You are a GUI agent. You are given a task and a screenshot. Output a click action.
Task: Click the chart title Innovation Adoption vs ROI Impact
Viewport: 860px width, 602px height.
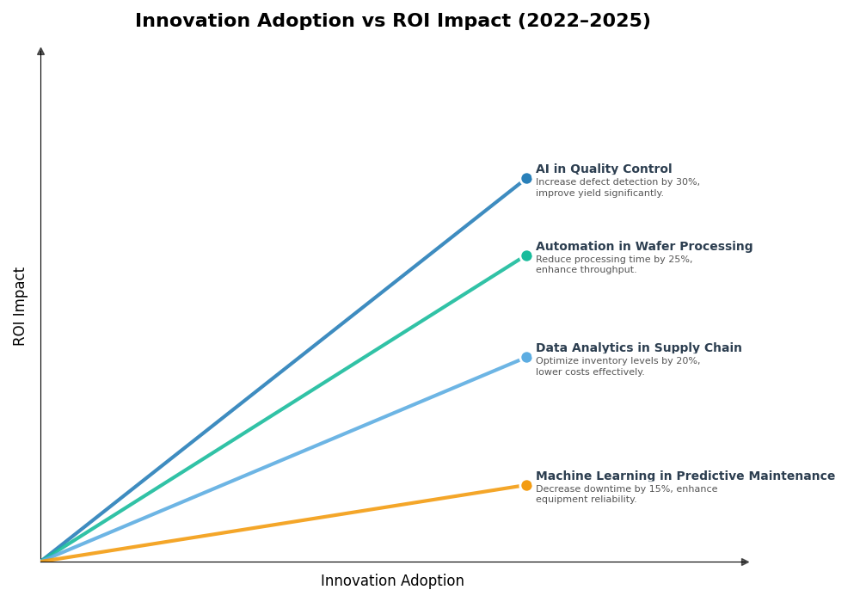pos(392,21)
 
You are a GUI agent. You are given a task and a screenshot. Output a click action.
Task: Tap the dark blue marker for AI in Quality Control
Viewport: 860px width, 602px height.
pos(526,179)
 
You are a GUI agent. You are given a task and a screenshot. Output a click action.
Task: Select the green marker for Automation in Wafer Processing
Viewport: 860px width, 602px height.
pos(526,255)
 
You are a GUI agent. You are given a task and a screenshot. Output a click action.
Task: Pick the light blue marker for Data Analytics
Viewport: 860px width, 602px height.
pos(526,357)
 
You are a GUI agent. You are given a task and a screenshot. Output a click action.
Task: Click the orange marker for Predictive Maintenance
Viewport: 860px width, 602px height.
pos(526,485)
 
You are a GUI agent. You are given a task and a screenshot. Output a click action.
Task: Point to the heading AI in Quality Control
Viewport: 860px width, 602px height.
pos(604,169)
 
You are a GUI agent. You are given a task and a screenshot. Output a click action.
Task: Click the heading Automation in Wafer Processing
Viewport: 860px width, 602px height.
pos(644,247)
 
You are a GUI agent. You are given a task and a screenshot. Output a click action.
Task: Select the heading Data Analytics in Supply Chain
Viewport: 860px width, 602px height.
pos(638,348)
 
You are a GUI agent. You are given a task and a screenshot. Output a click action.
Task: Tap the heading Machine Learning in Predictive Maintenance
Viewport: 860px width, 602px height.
pos(685,476)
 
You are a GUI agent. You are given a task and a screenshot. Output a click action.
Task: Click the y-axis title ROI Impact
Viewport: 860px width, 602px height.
pos(20,306)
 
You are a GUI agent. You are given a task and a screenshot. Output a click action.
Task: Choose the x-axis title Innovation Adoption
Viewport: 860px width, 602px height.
pos(392,581)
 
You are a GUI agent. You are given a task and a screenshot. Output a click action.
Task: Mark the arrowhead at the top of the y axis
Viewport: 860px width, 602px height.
pos(40,52)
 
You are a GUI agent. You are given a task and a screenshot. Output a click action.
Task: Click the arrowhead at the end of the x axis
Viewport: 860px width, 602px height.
pos(745,562)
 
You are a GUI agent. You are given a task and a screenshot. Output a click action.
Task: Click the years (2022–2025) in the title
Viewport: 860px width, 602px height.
pos(584,21)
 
